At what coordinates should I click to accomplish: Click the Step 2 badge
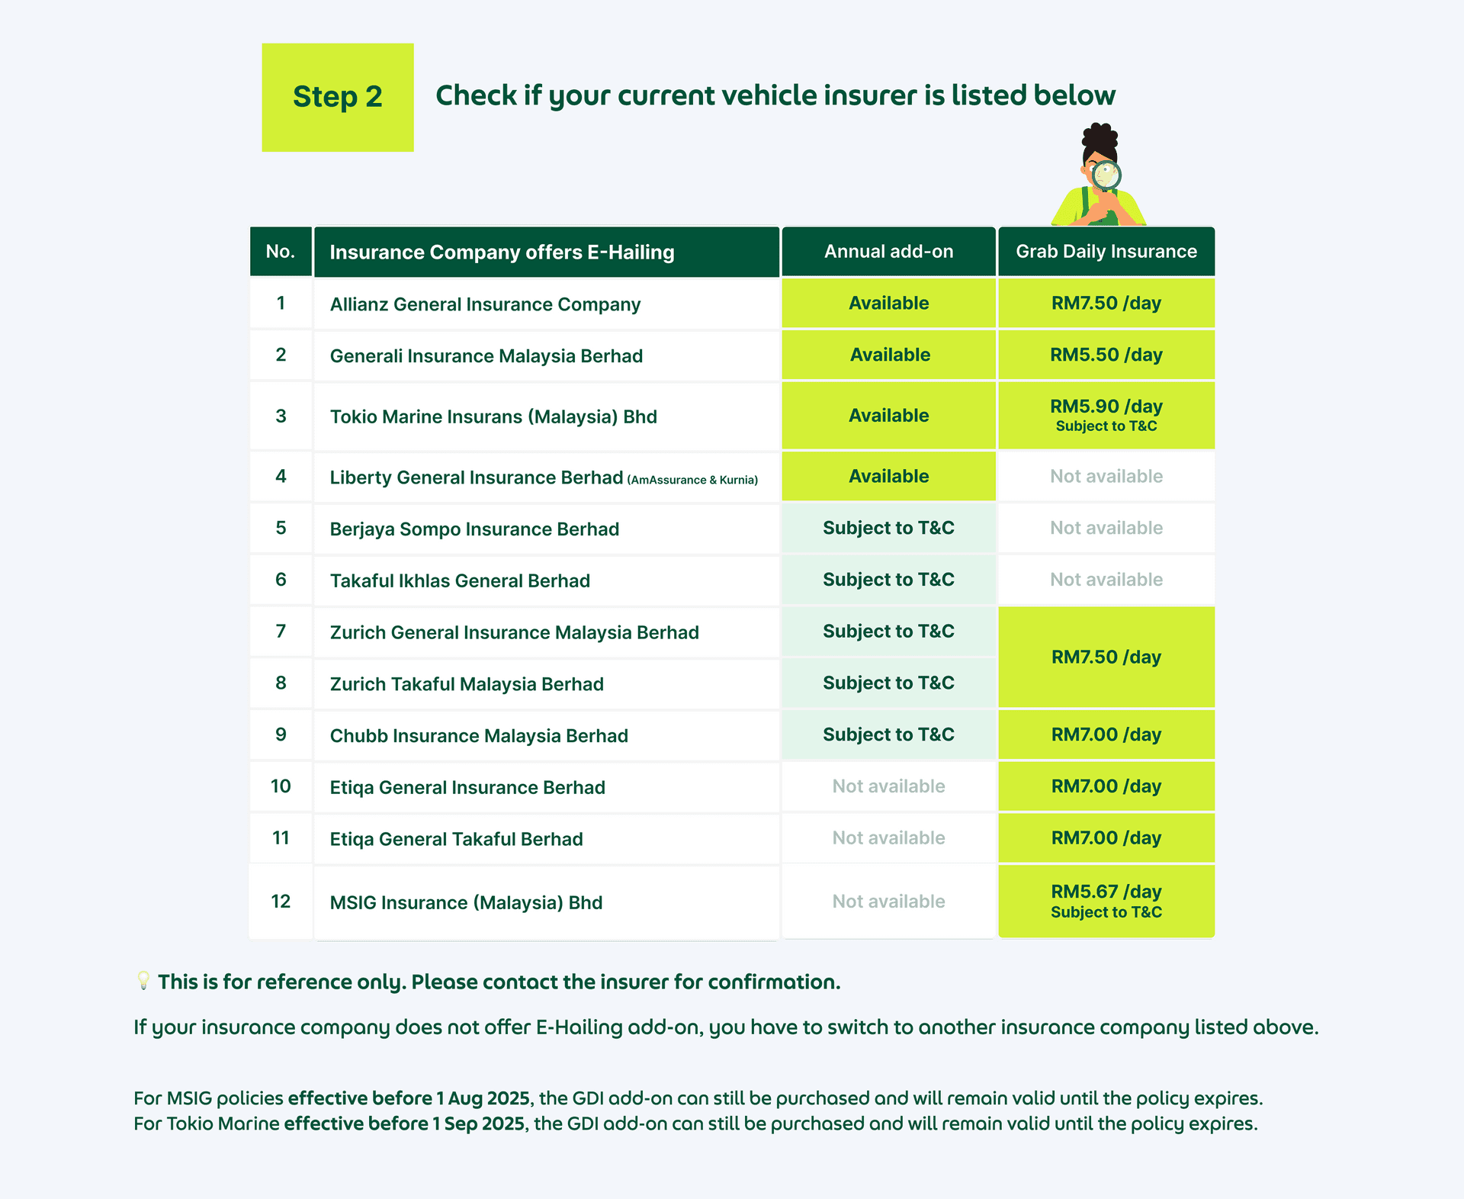coord(337,97)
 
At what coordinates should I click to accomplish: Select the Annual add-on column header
coord(888,252)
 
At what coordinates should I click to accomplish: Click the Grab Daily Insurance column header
coord(1106,252)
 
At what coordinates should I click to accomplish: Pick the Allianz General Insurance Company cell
coord(485,304)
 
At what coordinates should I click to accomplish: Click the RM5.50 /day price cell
coord(1106,355)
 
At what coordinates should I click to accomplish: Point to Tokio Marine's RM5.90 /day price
coord(1106,407)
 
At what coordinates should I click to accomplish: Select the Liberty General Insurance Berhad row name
coord(476,477)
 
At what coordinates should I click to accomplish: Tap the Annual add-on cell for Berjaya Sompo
coord(888,528)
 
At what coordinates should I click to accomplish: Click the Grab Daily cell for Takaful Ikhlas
coord(1106,580)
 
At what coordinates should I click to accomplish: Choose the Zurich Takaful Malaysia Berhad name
coord(467,684)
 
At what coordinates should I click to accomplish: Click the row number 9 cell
coord(281,735)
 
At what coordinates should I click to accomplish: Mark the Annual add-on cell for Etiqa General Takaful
coord(888,838)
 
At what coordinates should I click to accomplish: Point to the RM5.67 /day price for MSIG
coord(1106,892)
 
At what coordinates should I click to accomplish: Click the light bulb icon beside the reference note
coord(143,980)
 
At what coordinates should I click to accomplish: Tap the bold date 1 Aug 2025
coord(483,1098)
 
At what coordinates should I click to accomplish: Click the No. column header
coord(281,252)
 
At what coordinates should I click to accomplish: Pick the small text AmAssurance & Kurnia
coord(692,480)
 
